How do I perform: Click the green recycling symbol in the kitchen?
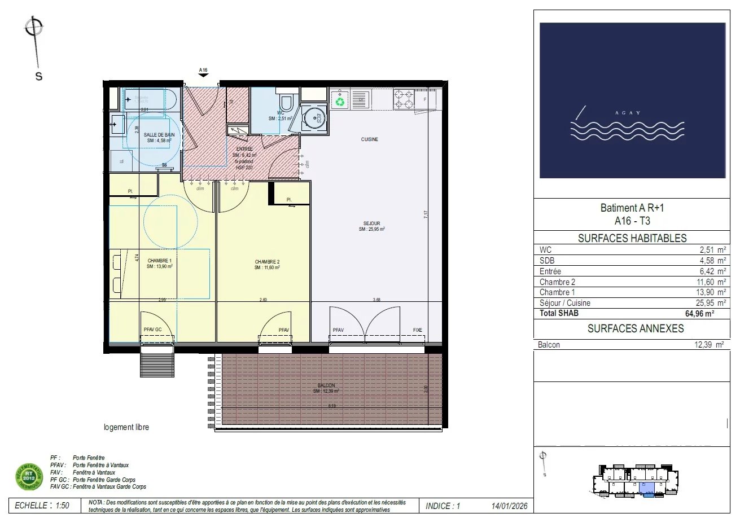point(340,102)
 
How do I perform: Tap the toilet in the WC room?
point(286,102)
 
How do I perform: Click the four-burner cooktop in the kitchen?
point(404,99)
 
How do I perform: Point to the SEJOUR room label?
point(372,223)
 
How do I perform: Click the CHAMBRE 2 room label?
point(267,262)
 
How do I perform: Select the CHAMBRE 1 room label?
point(159,260)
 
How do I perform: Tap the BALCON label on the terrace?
point(326,385)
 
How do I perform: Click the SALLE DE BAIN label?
point(159,135)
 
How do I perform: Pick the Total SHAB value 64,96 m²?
point(700,314)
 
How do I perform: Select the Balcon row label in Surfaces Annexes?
point(549,345)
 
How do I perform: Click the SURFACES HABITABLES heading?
point(632,239)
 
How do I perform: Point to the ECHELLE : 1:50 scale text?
point(42,506)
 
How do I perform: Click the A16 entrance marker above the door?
point(203,71)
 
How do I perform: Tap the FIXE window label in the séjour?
point(417,331)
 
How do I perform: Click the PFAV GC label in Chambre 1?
point(152,331)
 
